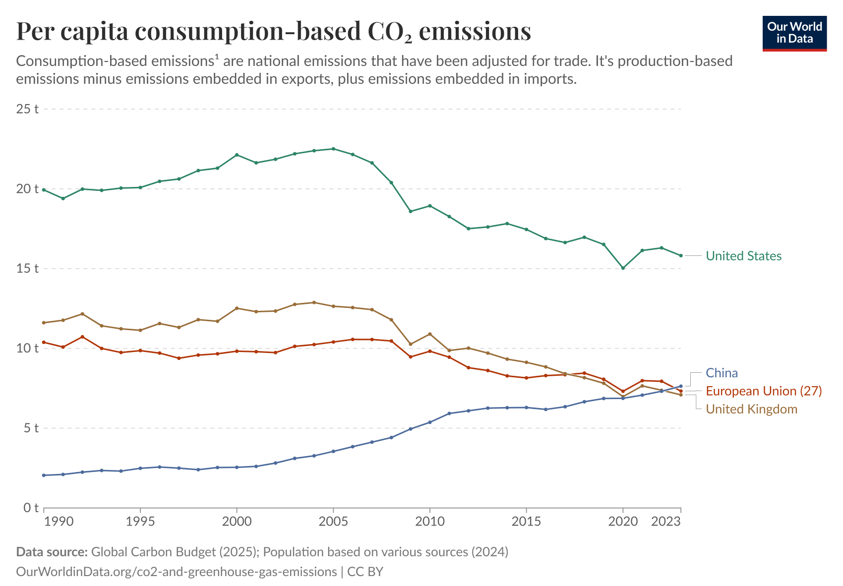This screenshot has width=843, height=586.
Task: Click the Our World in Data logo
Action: pos(794,33)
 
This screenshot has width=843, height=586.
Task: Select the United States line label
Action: pos(743,256)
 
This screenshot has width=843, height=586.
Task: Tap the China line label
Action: pos(722,373)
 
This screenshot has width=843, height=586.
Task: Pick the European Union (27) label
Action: pos(764,391)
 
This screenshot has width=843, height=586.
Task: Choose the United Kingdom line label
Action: pos(751,409)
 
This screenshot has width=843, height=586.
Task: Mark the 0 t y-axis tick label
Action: pos(31,508)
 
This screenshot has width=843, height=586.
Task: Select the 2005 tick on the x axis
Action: pos(333,522)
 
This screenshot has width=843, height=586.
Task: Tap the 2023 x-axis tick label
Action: pos(665,522)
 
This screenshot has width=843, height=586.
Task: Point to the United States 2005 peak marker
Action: pos(333,149)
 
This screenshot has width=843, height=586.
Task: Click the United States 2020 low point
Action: pos(623,268)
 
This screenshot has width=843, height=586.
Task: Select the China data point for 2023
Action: pos(681,386)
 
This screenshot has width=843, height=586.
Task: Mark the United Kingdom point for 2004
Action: pos(314,302)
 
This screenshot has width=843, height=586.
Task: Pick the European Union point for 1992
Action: pos(82,337)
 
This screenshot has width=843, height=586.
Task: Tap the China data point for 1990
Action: pos(44,475)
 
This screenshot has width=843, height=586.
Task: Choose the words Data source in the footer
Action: pos(52,552)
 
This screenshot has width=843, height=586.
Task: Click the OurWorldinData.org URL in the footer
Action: pos(176,572)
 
